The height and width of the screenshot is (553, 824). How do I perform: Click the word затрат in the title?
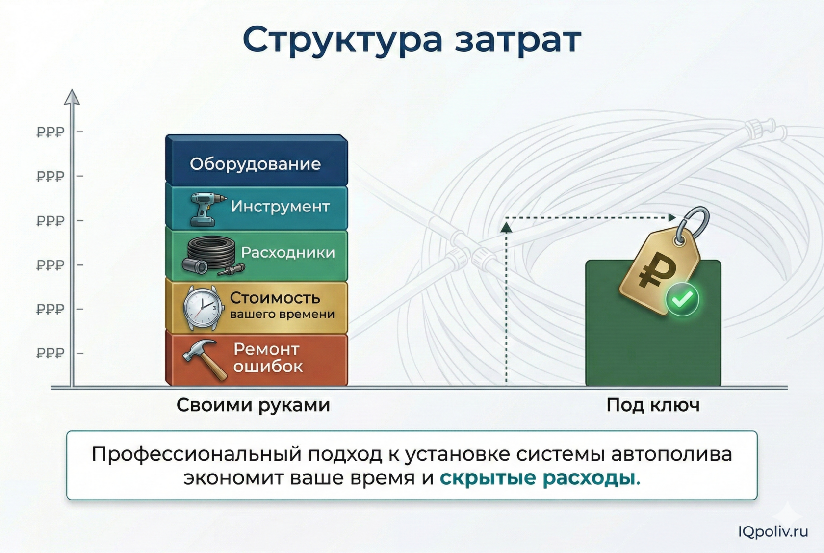pyautogui.click(x=517, y=40)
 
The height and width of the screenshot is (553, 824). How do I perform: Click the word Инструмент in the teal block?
pyautogui.click(x=280, y=207)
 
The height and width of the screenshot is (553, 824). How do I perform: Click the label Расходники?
pyautogui.click(x=288, y=252)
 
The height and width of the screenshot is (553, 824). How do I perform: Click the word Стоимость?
pyautogui.click(x=275, y=298)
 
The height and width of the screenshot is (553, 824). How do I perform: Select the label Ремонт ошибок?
pyautogui.click(x=267, y=358)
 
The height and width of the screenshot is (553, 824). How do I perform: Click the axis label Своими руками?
pyautogui.click(x=253, y=405)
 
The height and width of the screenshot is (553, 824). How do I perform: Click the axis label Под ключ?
pyautogui.click(x=653, y=405)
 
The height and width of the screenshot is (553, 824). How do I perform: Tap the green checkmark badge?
pyautogui.click(x=682, y=299)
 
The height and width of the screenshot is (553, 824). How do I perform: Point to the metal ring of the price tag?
pyautogui.click(x=693, y=224)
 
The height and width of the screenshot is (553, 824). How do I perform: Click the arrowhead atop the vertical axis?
pyautogui.click(x=72, y=97)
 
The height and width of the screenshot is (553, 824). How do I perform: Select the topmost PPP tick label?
pyautogui.click(x=51, y=132)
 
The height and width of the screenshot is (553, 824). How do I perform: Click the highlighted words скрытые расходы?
pyautogui.click(x=540, y=477)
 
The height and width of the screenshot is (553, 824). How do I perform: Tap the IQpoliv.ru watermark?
pyautogui.click(x=772, y=531)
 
